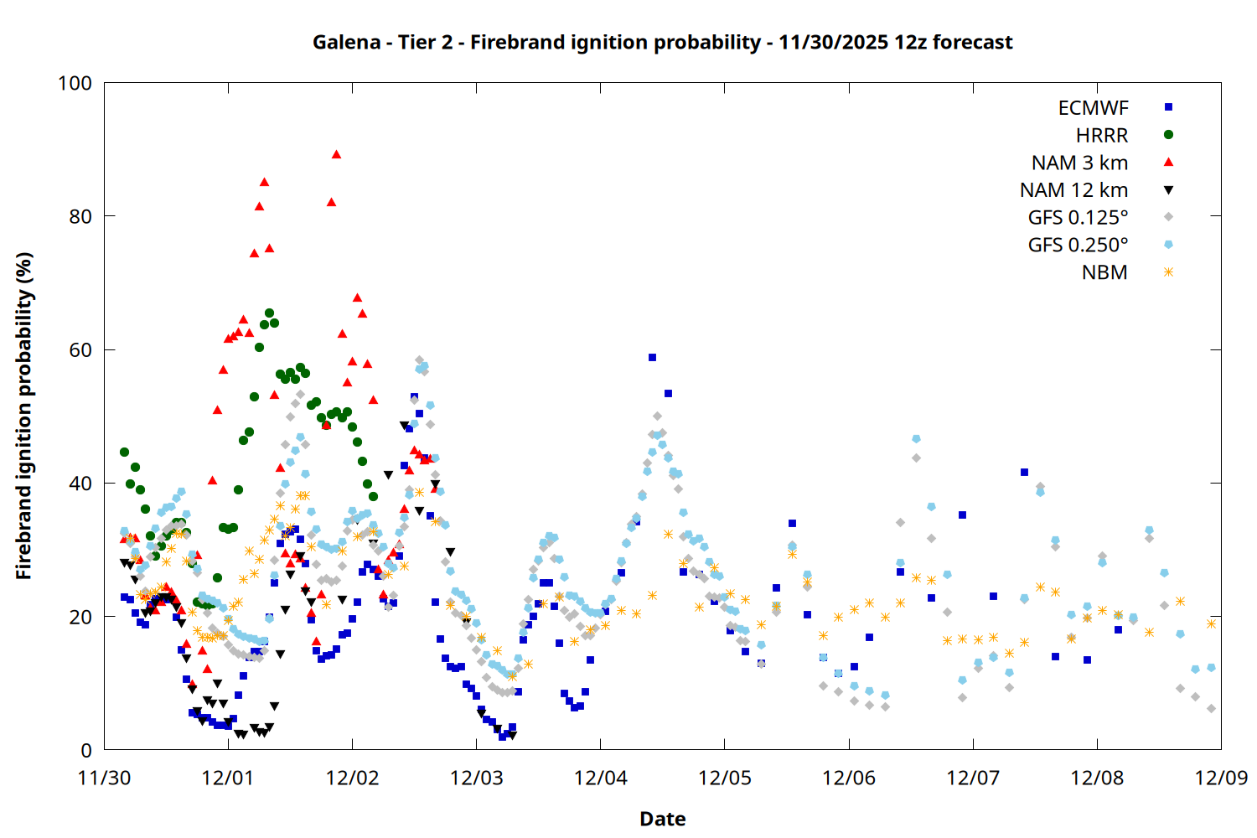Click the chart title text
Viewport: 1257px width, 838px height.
662,42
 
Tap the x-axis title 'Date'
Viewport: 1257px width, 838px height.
662,819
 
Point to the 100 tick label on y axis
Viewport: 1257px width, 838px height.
75,83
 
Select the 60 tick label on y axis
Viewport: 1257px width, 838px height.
80,350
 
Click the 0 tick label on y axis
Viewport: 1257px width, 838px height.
85,751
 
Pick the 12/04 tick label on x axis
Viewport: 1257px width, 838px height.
600,778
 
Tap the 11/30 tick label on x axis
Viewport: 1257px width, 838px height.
104,778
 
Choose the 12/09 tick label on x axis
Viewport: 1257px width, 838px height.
1221,778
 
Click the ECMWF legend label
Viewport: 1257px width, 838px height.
1093,108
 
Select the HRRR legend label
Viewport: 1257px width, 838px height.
1102,136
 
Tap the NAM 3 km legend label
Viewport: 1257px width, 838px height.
1079,163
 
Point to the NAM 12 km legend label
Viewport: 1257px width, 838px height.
1073,190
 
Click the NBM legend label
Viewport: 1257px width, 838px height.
1104,272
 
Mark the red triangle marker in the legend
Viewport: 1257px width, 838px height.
1168,162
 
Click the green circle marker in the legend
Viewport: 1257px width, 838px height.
1168,135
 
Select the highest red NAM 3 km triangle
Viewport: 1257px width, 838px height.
336,154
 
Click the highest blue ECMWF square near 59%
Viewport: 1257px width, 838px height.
652,357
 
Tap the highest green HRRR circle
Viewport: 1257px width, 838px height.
269,313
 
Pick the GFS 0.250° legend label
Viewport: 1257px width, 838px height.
1078,245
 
